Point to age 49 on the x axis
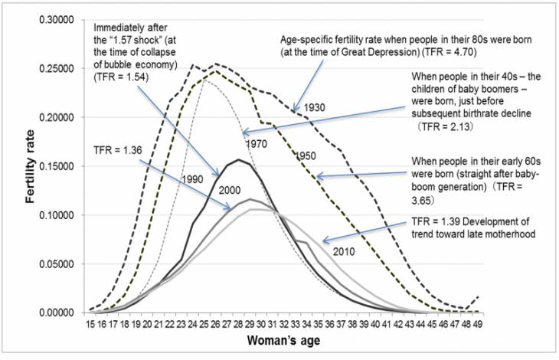point(479,325)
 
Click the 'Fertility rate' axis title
point(30,166)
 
